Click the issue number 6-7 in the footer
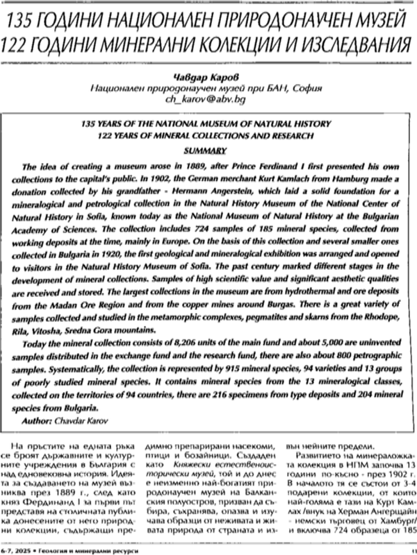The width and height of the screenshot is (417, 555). click(x=9, y=548)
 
